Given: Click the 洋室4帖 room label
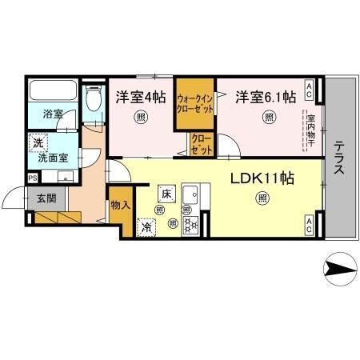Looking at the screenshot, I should point(141,98).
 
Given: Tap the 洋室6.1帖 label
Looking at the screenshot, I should point(266,98).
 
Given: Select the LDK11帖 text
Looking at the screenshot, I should point(263,178).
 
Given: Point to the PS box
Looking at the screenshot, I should point(32,178).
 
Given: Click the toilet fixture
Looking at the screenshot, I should point(92,100).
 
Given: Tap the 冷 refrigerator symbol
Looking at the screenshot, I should point(147,227).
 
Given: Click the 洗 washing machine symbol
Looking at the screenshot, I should point(37,144).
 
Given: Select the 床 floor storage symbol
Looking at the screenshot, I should point(166,194).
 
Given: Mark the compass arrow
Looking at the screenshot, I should point(339,268).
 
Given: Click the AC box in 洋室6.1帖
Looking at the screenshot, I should point(309,86).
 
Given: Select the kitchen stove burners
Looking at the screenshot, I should point(191,225).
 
